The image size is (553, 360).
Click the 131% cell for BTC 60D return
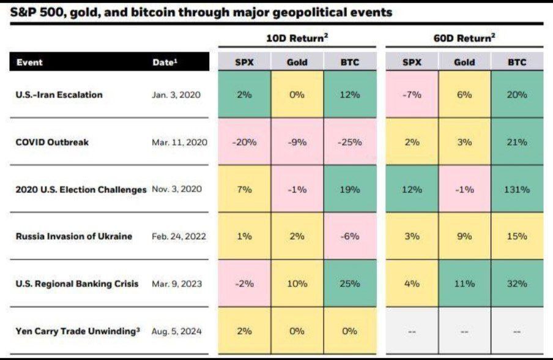(517, 189)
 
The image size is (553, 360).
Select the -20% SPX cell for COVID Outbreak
(244, 142)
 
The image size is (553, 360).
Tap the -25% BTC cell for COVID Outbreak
(350, 142)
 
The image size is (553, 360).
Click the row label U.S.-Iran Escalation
(59, 95)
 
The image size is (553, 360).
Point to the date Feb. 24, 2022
(179, 236)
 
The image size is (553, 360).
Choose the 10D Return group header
(297, 38)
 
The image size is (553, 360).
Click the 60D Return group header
(464, 38)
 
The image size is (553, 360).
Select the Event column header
(29, 62)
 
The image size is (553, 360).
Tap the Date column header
(165, 62)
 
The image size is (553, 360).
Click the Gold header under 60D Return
(464, 62)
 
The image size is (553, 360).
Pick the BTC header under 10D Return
(350, 62)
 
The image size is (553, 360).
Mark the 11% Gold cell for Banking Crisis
(464, 283)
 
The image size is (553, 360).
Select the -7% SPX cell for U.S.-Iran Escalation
(411, 95)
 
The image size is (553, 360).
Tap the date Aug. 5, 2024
(177, 331)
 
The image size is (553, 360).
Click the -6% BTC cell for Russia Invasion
(350, 236)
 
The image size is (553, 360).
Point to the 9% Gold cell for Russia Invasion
(464, 236)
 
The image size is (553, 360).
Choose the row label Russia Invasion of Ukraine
(73, 236)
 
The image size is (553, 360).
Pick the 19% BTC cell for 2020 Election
(350, 189)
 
